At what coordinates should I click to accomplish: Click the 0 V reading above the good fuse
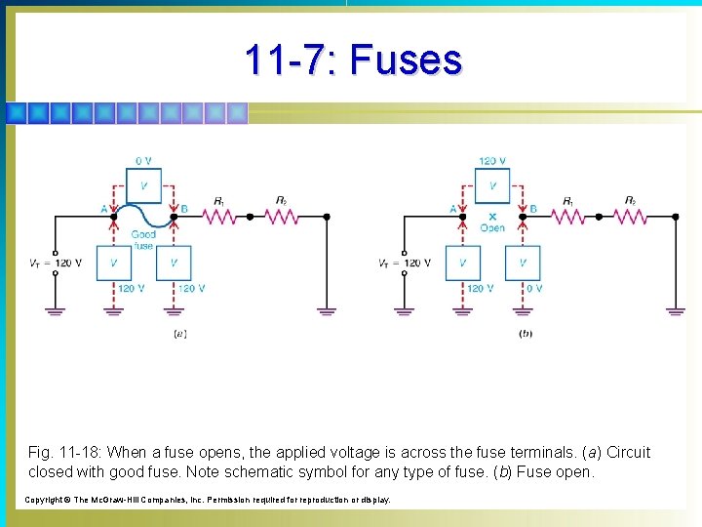(143, 161)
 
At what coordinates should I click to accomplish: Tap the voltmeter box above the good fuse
(143, 184)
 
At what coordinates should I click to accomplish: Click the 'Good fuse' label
(143, 240)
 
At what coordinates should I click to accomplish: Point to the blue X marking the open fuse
(492, 217)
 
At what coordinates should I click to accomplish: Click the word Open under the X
(492, 228)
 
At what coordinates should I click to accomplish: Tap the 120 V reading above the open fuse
(492, 161)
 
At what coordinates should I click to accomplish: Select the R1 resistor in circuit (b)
(569, 215)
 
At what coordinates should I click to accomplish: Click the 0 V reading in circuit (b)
(533, 288)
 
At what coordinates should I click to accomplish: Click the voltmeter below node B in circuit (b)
(523, 263)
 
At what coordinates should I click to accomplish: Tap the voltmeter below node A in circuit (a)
(114, 263)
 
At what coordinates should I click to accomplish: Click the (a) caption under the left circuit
(179, 334)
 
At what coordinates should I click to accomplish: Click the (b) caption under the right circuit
(526, 334)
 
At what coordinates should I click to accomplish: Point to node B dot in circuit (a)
(174, 216)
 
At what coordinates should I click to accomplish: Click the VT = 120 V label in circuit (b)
(404, 263)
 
